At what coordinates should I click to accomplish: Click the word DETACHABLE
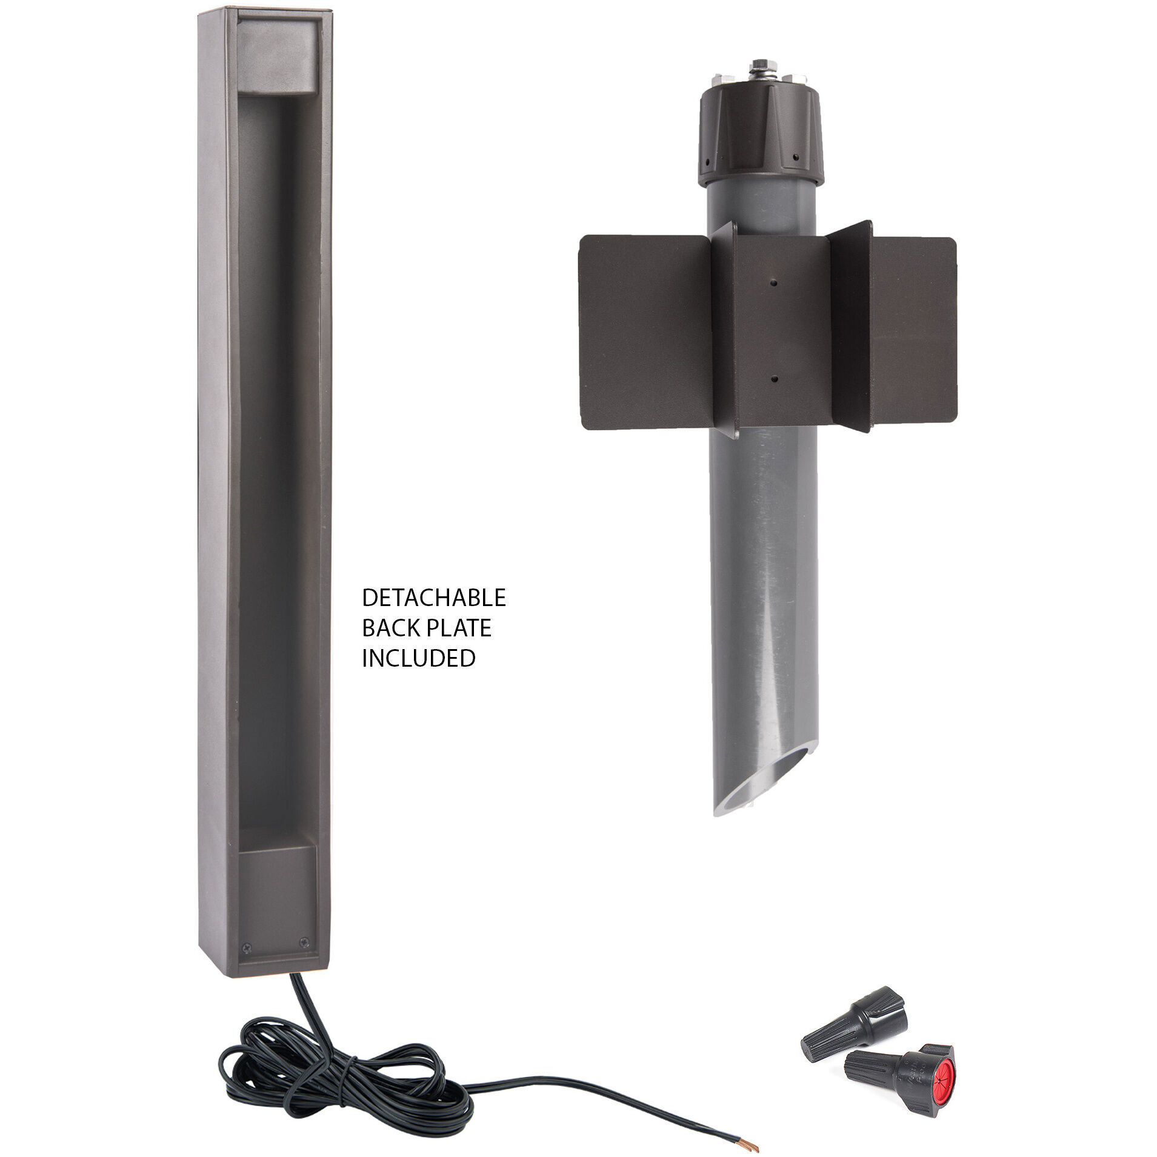433,598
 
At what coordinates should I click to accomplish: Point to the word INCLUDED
418,658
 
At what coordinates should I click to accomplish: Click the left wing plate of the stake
645,332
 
